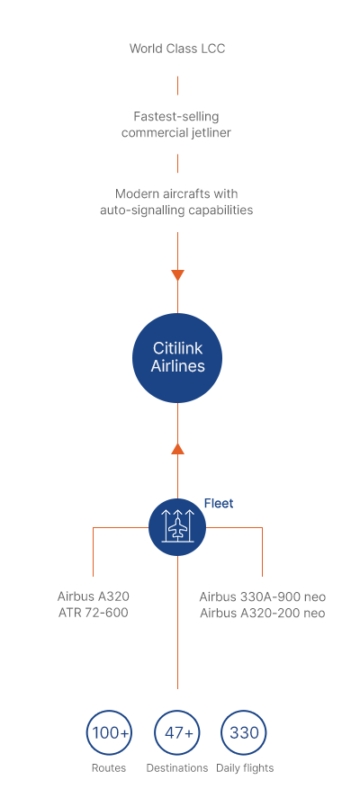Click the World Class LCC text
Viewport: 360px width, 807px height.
point(177,49)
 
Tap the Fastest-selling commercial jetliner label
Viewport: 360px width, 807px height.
point(176,124)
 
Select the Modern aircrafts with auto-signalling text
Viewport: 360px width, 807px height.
point(176,202)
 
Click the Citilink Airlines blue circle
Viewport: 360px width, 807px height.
point(177,358)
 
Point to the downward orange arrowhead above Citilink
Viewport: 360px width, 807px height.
point(177,275)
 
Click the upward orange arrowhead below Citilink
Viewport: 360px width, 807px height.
point(177,448)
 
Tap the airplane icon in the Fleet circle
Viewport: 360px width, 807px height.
point(177,527)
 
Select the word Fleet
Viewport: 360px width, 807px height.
point(219,503)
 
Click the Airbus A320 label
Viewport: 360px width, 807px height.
point(94,596)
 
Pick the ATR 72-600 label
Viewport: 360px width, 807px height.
point(94,613)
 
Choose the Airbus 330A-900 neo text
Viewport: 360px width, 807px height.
point(263,597)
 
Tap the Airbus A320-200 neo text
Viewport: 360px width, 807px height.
point(263,613)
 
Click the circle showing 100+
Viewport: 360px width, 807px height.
point(109,733)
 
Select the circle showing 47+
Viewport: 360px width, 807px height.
point(177,733)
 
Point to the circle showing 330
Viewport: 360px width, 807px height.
point(244,733)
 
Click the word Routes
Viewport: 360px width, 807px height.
point(109,768)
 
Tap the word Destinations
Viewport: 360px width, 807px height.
point(177,768)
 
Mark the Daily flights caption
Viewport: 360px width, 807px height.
point(245,768)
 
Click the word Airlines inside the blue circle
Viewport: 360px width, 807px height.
point(177,366)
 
